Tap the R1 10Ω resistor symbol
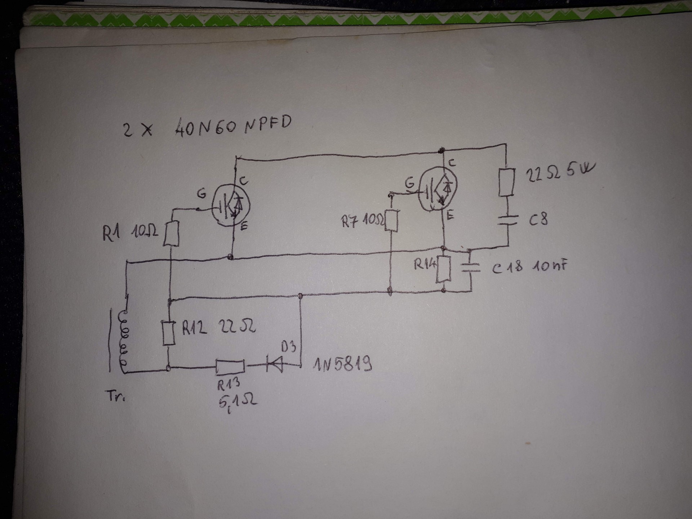[171, 234]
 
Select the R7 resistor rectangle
[392, 221]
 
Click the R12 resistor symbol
[168, 333]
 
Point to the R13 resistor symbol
[230, 367]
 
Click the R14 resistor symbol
[443, 269]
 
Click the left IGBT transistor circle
[231, 207]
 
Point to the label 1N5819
[342, 365]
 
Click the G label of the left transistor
[201, 194]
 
